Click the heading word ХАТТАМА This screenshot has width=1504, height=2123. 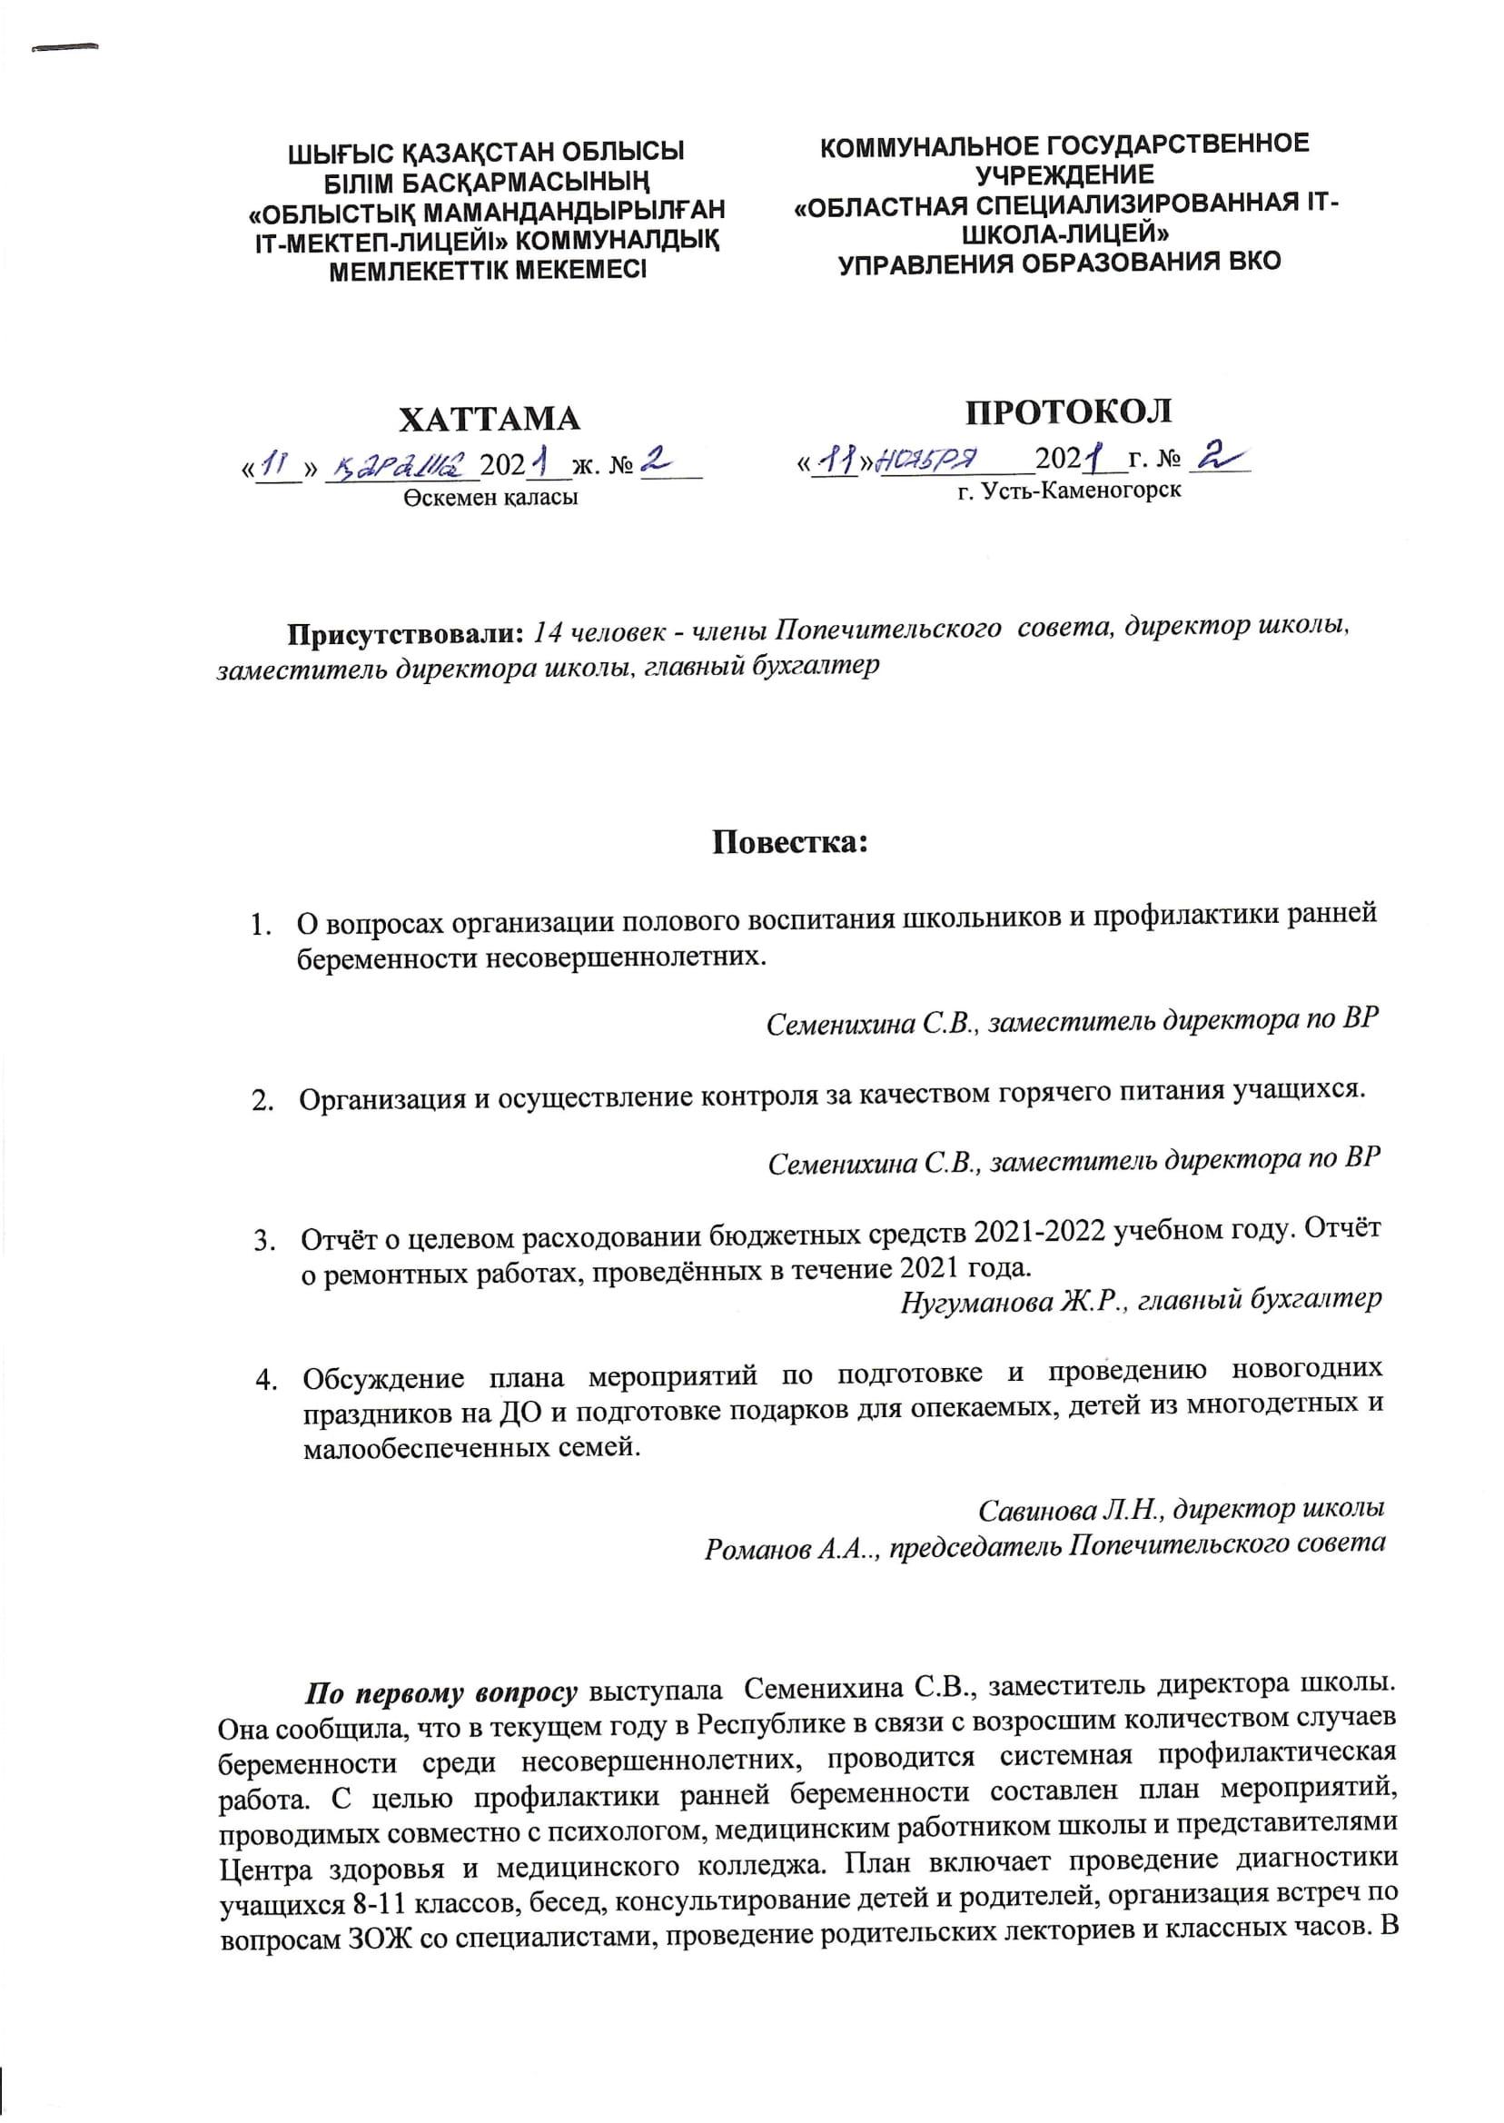point(489,420)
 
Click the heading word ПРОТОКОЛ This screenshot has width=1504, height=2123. point(1069,412)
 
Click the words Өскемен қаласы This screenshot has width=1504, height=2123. point(490,498)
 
